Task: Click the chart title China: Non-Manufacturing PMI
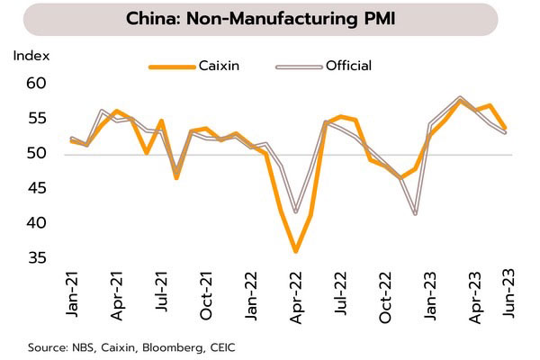click(x=269, y=19)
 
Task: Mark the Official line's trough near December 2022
click(x=415, y=214)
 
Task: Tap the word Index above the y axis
click(x=29, y=56)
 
